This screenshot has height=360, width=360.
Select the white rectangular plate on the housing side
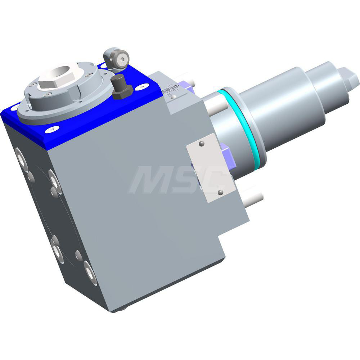click(211, 167)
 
